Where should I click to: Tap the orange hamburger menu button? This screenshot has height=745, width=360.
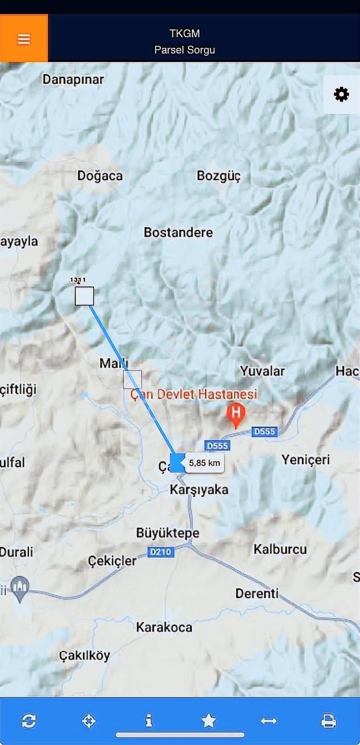24,39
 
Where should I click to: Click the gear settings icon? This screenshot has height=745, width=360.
341,95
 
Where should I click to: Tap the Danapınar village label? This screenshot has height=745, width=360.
73,79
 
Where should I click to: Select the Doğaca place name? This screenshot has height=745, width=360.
100,176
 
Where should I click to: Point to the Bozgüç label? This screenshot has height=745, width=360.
218,176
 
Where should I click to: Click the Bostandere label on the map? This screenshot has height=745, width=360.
178,232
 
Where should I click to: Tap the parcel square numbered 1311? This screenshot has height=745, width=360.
84,296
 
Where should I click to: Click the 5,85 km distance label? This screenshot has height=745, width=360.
204,463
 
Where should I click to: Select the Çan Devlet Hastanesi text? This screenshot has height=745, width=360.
194,394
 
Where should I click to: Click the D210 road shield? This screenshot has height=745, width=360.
161,552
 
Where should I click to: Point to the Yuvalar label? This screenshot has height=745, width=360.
262,371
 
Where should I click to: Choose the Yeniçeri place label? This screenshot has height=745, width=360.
306,460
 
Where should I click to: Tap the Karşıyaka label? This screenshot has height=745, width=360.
199,489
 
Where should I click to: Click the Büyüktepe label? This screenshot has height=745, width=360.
168,533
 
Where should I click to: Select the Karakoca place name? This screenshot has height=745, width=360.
164,627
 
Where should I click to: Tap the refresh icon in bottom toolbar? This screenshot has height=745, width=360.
29,721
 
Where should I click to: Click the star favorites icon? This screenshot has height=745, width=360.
209,721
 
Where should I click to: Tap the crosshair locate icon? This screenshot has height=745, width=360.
88,721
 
